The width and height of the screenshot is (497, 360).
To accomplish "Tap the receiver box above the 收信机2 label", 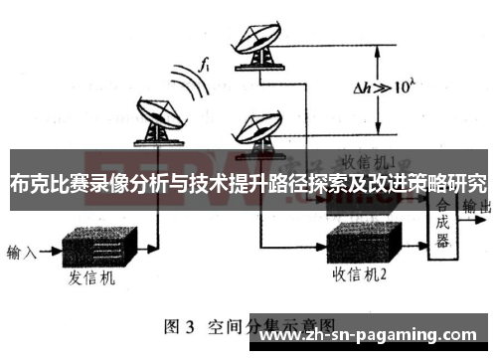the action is [x=364, y=240].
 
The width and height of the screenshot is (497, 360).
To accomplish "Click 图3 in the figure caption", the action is [x=180, y=325].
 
